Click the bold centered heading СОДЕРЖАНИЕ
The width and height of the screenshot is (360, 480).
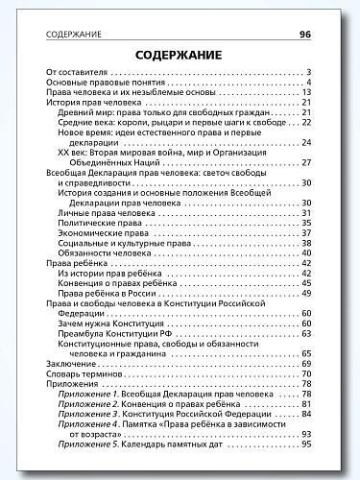pyautogui.click(x=180, y=55)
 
